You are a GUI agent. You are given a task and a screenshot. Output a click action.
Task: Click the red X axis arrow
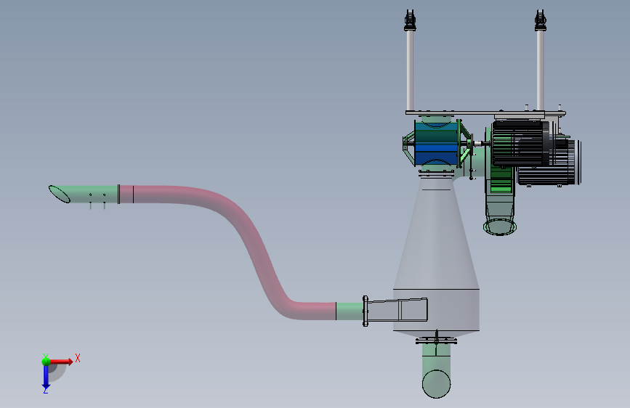tap(60, 362)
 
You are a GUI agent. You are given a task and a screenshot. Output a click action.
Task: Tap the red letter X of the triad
tap(78, 358)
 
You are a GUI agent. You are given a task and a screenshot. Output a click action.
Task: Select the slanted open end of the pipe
tap(59, 194)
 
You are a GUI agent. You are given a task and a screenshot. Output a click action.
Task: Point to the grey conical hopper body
tap(436, 257)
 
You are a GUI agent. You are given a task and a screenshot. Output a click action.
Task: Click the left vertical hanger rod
tap(410, 70)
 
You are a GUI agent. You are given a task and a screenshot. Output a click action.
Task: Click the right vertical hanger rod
tap(541, 70)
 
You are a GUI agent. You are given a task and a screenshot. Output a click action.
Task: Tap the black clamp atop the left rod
tap(410, 21)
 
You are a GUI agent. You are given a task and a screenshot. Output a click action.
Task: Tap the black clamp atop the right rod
tap(541, 21)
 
